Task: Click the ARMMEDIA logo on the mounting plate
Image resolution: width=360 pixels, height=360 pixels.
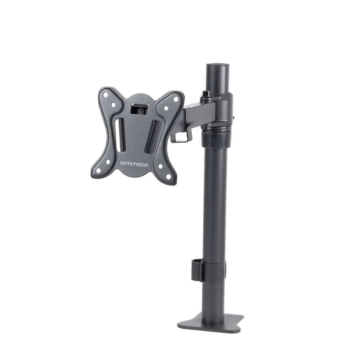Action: [134, 165]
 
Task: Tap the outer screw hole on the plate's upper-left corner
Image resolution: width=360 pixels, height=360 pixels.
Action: [105, 95]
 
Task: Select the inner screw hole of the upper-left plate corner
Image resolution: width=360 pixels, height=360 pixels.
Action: [113, 104]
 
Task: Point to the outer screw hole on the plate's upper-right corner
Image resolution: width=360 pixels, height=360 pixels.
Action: [175, 99]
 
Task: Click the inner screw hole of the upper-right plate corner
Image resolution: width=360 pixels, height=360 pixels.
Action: [166, 108]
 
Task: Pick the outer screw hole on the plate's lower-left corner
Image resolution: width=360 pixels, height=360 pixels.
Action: [98, 170]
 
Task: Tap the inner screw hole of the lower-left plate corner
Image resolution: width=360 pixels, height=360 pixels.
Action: [107, 162]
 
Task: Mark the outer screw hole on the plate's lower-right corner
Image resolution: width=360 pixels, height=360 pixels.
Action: [168, 176]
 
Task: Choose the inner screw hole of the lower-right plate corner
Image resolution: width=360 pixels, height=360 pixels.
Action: [160, 166]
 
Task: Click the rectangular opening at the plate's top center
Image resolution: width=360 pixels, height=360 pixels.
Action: [139, 109]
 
